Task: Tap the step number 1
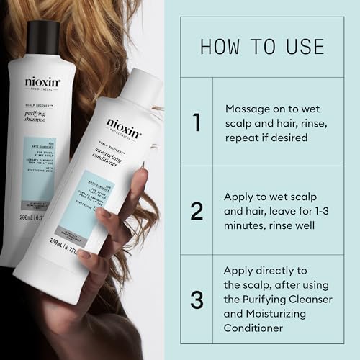(x=197, y=122)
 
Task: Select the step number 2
(x=197, y=210)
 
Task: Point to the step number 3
(x=197, y=299)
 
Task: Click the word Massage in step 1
(x=248, y=109)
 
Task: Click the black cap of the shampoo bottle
(x=44, y=37)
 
